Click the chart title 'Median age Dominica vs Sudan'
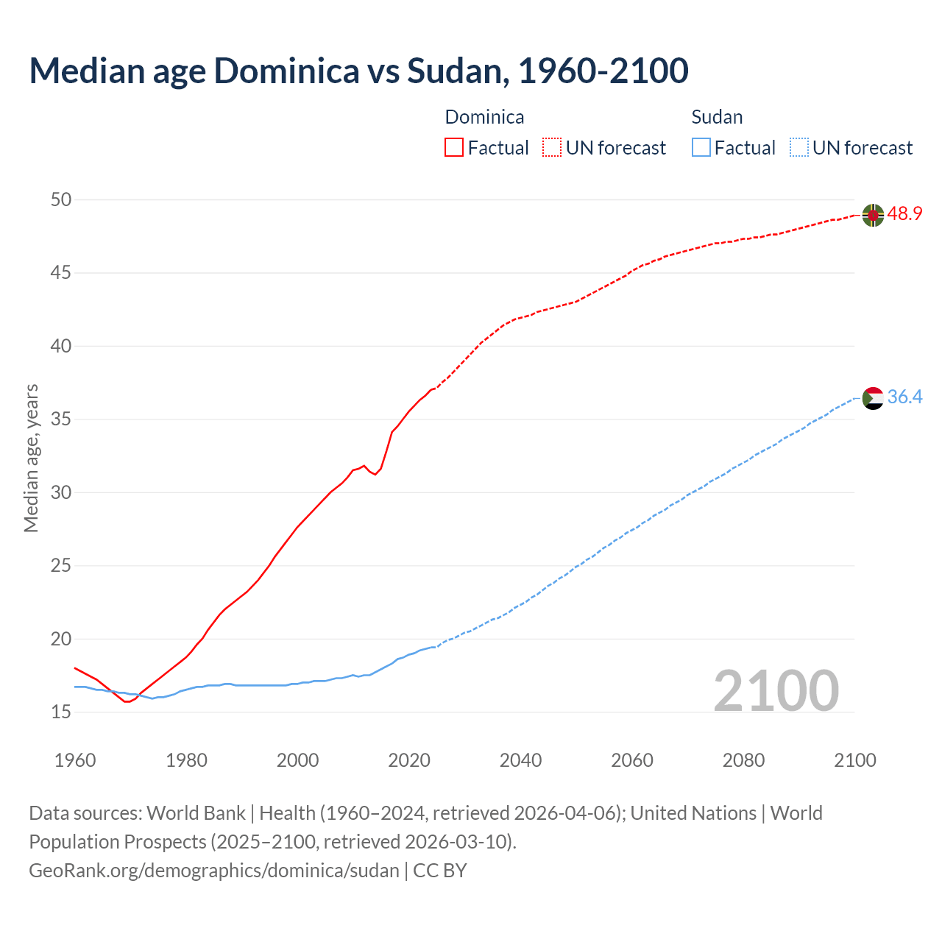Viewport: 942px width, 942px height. pyautogui.click(x=358, y=71)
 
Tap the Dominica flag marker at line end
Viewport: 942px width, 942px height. pyautogui.click(x=873, y=215)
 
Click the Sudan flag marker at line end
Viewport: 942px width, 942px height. pyautogui.click(x=873, y=398)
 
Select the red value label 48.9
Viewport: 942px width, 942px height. pyautogui.click(x=904, y=214)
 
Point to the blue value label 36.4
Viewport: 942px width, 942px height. pyautogui.click(x=904, y=397)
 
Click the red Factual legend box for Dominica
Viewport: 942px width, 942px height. pyautogui.click(x=454, y=148)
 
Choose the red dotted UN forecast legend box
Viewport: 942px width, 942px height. pyautogui.click(x=552, y=148)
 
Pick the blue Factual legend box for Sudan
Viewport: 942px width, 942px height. pyautogui.click(x=701, y=148)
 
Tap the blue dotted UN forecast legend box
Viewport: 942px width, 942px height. pyautogui.click(x=798, y=148)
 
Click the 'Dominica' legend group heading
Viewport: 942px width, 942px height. pyautogui.click(x=484, y=117)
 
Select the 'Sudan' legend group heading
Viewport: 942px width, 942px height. pyautogui.click(x=717, y=117)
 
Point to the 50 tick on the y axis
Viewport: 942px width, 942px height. pyautogui.click(x=61, y=199)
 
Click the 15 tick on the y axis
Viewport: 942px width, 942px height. pyautogui.click(x=61, y=712)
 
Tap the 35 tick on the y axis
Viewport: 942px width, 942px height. pyautogui.click(x=61, y=419)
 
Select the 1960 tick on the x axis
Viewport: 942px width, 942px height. pyautogui.click(x=75, y=760)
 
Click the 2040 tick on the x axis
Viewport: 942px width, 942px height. pyautogui.click(x=520, y=760)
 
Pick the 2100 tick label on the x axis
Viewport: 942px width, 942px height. pyautogui.click(x=854, y=760)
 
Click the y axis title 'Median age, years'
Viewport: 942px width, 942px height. pyautogui.click(x=31, y=458)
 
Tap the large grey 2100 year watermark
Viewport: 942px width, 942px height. pyautogui.click(x=776, y=690)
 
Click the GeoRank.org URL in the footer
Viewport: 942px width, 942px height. pyautogui.click(x=213, y=871)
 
